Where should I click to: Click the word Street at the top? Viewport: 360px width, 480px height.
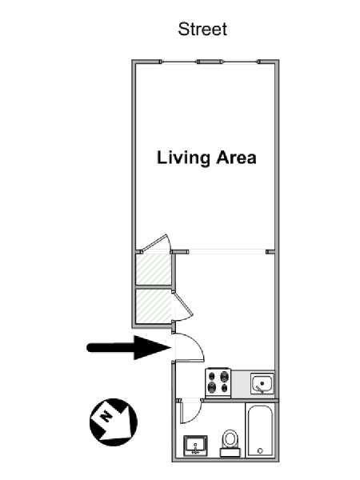[x=202, y=30]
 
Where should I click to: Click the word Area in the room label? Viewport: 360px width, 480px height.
[x=236, y=158]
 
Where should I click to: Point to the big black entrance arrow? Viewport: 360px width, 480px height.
[x=129, y=347]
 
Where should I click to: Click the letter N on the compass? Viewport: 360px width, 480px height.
[x=106, y=416]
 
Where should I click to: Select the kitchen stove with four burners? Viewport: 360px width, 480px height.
[x=218, y=382]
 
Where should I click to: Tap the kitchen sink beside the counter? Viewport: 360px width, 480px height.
[x=262, y=383]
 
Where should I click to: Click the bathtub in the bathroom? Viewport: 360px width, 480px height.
[x=260, y=431]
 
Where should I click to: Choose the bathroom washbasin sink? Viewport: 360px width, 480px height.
[x=195, y=446]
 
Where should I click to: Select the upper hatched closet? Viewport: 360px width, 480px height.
[x=153, y=269]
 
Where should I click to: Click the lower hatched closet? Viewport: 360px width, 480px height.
[x=154, y=306]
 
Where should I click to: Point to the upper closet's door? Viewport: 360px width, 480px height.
[x=155, y=243]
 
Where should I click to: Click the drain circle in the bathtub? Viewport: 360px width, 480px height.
[x=260, y=450]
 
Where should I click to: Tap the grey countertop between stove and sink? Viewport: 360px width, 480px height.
[x=241, y=383]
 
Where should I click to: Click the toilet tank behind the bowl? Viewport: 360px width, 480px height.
[x=230, y=453]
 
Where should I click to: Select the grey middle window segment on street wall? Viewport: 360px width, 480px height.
[x=209, y=62]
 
